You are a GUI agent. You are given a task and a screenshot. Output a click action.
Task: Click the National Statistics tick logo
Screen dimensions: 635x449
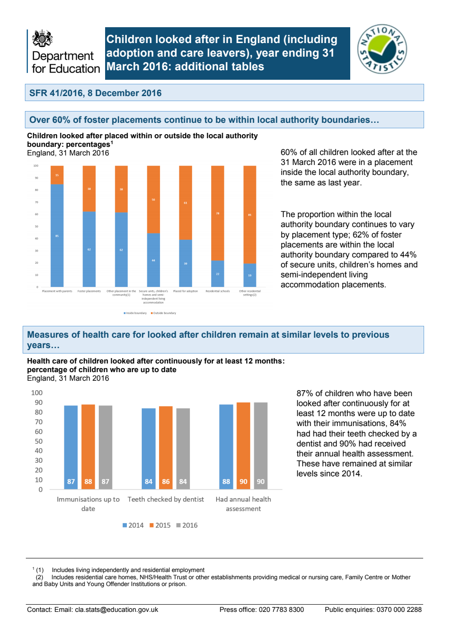tap(382, 49)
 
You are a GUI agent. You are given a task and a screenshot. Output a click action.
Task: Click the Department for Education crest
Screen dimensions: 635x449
tap(43, 39)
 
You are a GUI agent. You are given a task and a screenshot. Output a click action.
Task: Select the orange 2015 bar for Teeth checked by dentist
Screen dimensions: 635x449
tap(166, 447)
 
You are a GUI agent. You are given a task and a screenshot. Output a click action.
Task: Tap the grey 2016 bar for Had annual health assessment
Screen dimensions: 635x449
tap(261, 446)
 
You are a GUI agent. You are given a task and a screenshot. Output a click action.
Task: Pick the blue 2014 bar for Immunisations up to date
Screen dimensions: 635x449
tap(71, 447)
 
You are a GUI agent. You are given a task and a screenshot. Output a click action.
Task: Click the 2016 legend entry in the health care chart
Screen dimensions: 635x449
tap(187, 525)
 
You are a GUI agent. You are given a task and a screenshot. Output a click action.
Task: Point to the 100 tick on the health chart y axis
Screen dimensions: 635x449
tap(37, 393)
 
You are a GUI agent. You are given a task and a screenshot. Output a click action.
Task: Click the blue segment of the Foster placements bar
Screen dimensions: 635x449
tap(89, 249)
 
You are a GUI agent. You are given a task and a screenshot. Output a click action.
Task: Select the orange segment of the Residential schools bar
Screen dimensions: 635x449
tap(217, 213)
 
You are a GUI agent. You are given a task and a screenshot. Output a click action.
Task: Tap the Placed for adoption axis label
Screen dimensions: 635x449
tap(185, 291)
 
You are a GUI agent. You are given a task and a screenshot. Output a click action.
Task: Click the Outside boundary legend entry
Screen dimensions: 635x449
tap(164, 313)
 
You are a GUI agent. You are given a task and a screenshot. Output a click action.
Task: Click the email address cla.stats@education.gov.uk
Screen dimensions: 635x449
tap(116, 610)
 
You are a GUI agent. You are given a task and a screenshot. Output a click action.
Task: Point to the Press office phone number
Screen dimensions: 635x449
tap(281, 610)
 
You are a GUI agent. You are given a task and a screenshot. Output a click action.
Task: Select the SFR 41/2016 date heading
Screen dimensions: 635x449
tap(96, 93)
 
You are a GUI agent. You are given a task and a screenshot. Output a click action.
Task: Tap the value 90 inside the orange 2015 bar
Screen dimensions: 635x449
tap(243, 481)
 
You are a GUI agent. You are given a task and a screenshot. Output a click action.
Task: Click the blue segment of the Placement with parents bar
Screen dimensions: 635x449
tap(57, 235)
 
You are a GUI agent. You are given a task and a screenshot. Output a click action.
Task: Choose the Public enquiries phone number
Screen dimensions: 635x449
tap(399, 610)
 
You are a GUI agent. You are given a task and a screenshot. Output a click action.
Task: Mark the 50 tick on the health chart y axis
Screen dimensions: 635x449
tap(39, 441)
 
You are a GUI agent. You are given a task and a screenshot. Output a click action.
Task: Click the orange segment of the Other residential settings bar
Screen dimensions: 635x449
tap(250, 214)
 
